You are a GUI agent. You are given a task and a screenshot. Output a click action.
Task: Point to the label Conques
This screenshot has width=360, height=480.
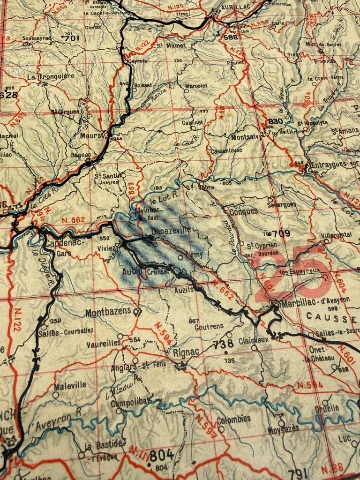(x=243, y=211)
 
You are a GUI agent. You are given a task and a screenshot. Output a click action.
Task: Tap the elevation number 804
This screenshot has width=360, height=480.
(x=162, y=455)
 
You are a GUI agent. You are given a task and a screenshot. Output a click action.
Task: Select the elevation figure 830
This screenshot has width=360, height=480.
(x=276, y=121)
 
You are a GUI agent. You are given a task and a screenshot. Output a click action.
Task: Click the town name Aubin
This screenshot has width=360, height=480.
(x=132, y=271)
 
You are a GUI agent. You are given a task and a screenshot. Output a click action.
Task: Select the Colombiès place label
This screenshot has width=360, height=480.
(x=233, y=419)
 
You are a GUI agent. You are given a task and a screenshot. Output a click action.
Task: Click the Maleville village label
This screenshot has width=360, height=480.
(x=70, y=385)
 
